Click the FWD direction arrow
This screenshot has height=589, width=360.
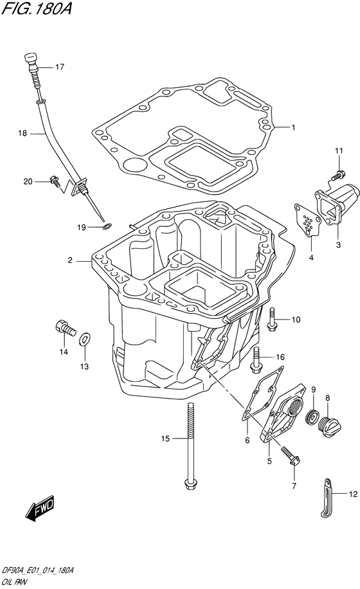click(x=39, y=510)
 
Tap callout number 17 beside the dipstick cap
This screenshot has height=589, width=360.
click(x=60, y=67)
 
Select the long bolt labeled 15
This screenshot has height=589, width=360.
click(x=190, y=446)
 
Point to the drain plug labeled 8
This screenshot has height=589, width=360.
click(x=329, y=426)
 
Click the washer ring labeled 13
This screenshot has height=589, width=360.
click(x=84, y=340)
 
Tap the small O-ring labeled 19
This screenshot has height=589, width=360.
click(x=107, y=226)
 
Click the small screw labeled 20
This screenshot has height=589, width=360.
click(x=55, y=181)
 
